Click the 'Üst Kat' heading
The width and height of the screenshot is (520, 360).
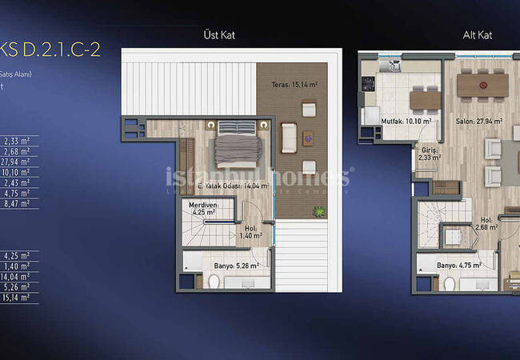click(x=220, y=35)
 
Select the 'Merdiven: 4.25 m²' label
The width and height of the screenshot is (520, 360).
click(x=202, y=209)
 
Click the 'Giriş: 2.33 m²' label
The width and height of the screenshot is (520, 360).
click(x=430, y=154)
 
